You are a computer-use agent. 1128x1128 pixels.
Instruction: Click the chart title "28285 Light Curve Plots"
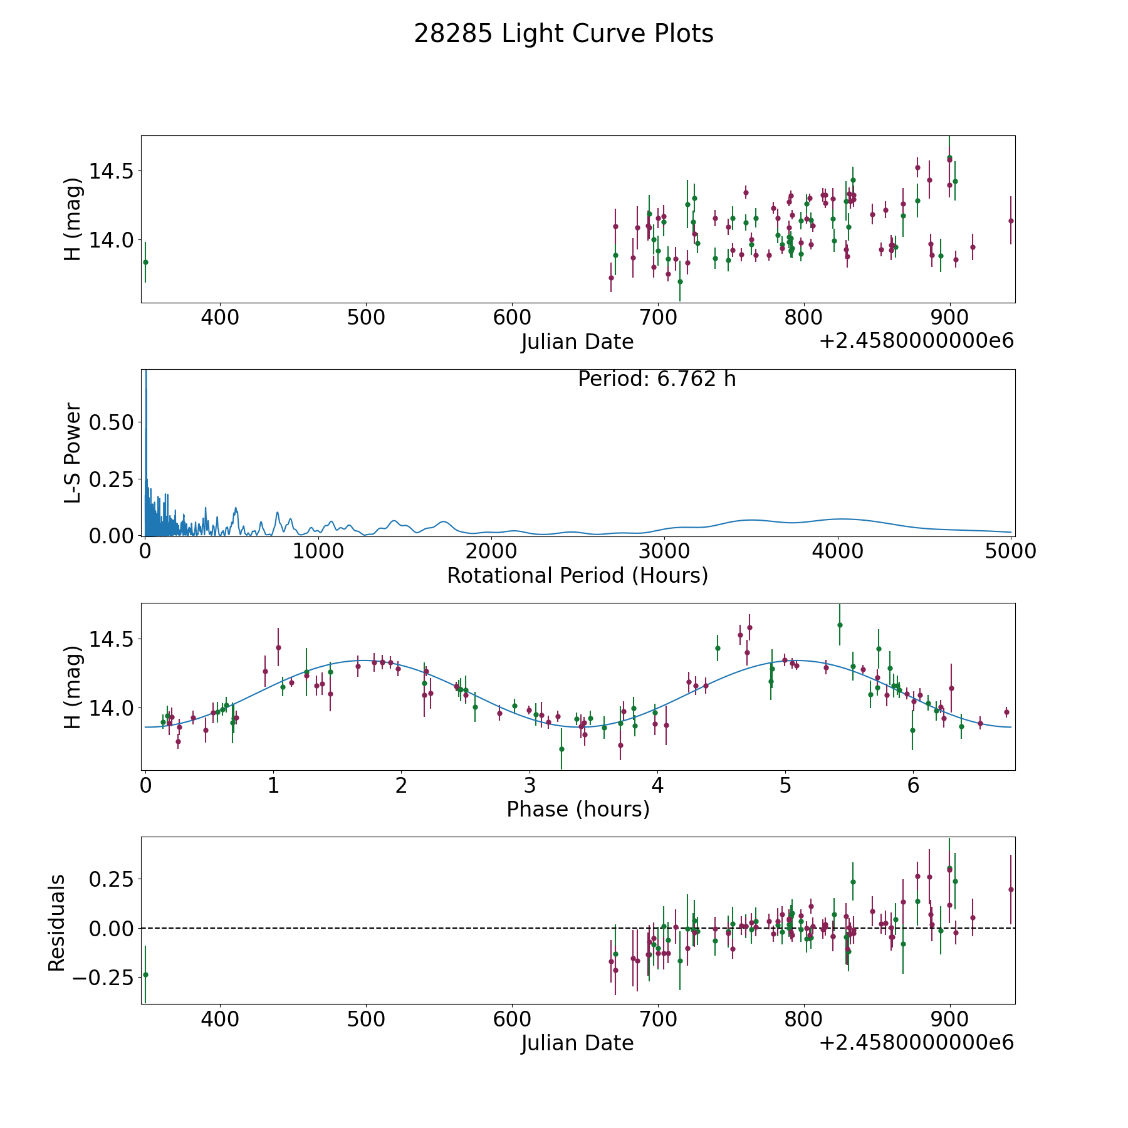[x=563, y=34]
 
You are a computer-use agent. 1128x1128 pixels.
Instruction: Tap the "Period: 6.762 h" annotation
[x=657, y=379]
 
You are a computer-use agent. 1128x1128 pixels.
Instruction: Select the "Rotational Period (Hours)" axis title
[x=577, y=575]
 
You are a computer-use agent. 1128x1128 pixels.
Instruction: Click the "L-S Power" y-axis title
[x=73, y=452]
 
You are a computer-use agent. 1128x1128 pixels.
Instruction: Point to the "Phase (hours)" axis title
[x=578, y=810]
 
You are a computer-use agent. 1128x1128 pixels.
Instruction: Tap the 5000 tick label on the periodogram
[x=1010, y=551]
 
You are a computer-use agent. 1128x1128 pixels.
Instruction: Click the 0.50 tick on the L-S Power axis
[x=112, y=422]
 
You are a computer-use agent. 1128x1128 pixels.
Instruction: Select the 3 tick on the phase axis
[x=530, y=786]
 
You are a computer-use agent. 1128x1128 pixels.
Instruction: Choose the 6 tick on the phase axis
[x=913, y=786]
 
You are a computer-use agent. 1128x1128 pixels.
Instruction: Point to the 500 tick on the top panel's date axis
[x=366, y=318]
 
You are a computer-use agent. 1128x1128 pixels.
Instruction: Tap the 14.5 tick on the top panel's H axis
[x=112, y=170]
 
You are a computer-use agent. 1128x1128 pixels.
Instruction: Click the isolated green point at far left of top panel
[x=145, y=262]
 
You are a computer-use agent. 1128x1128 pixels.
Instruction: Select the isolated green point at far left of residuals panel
[x=145, y=974]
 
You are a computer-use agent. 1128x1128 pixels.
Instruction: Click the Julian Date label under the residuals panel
[x=577, y=1043]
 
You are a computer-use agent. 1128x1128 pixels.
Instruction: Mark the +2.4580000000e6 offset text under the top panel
[x=916, y=342]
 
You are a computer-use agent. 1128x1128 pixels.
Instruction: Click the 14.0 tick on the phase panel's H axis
[x=112, y=708]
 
